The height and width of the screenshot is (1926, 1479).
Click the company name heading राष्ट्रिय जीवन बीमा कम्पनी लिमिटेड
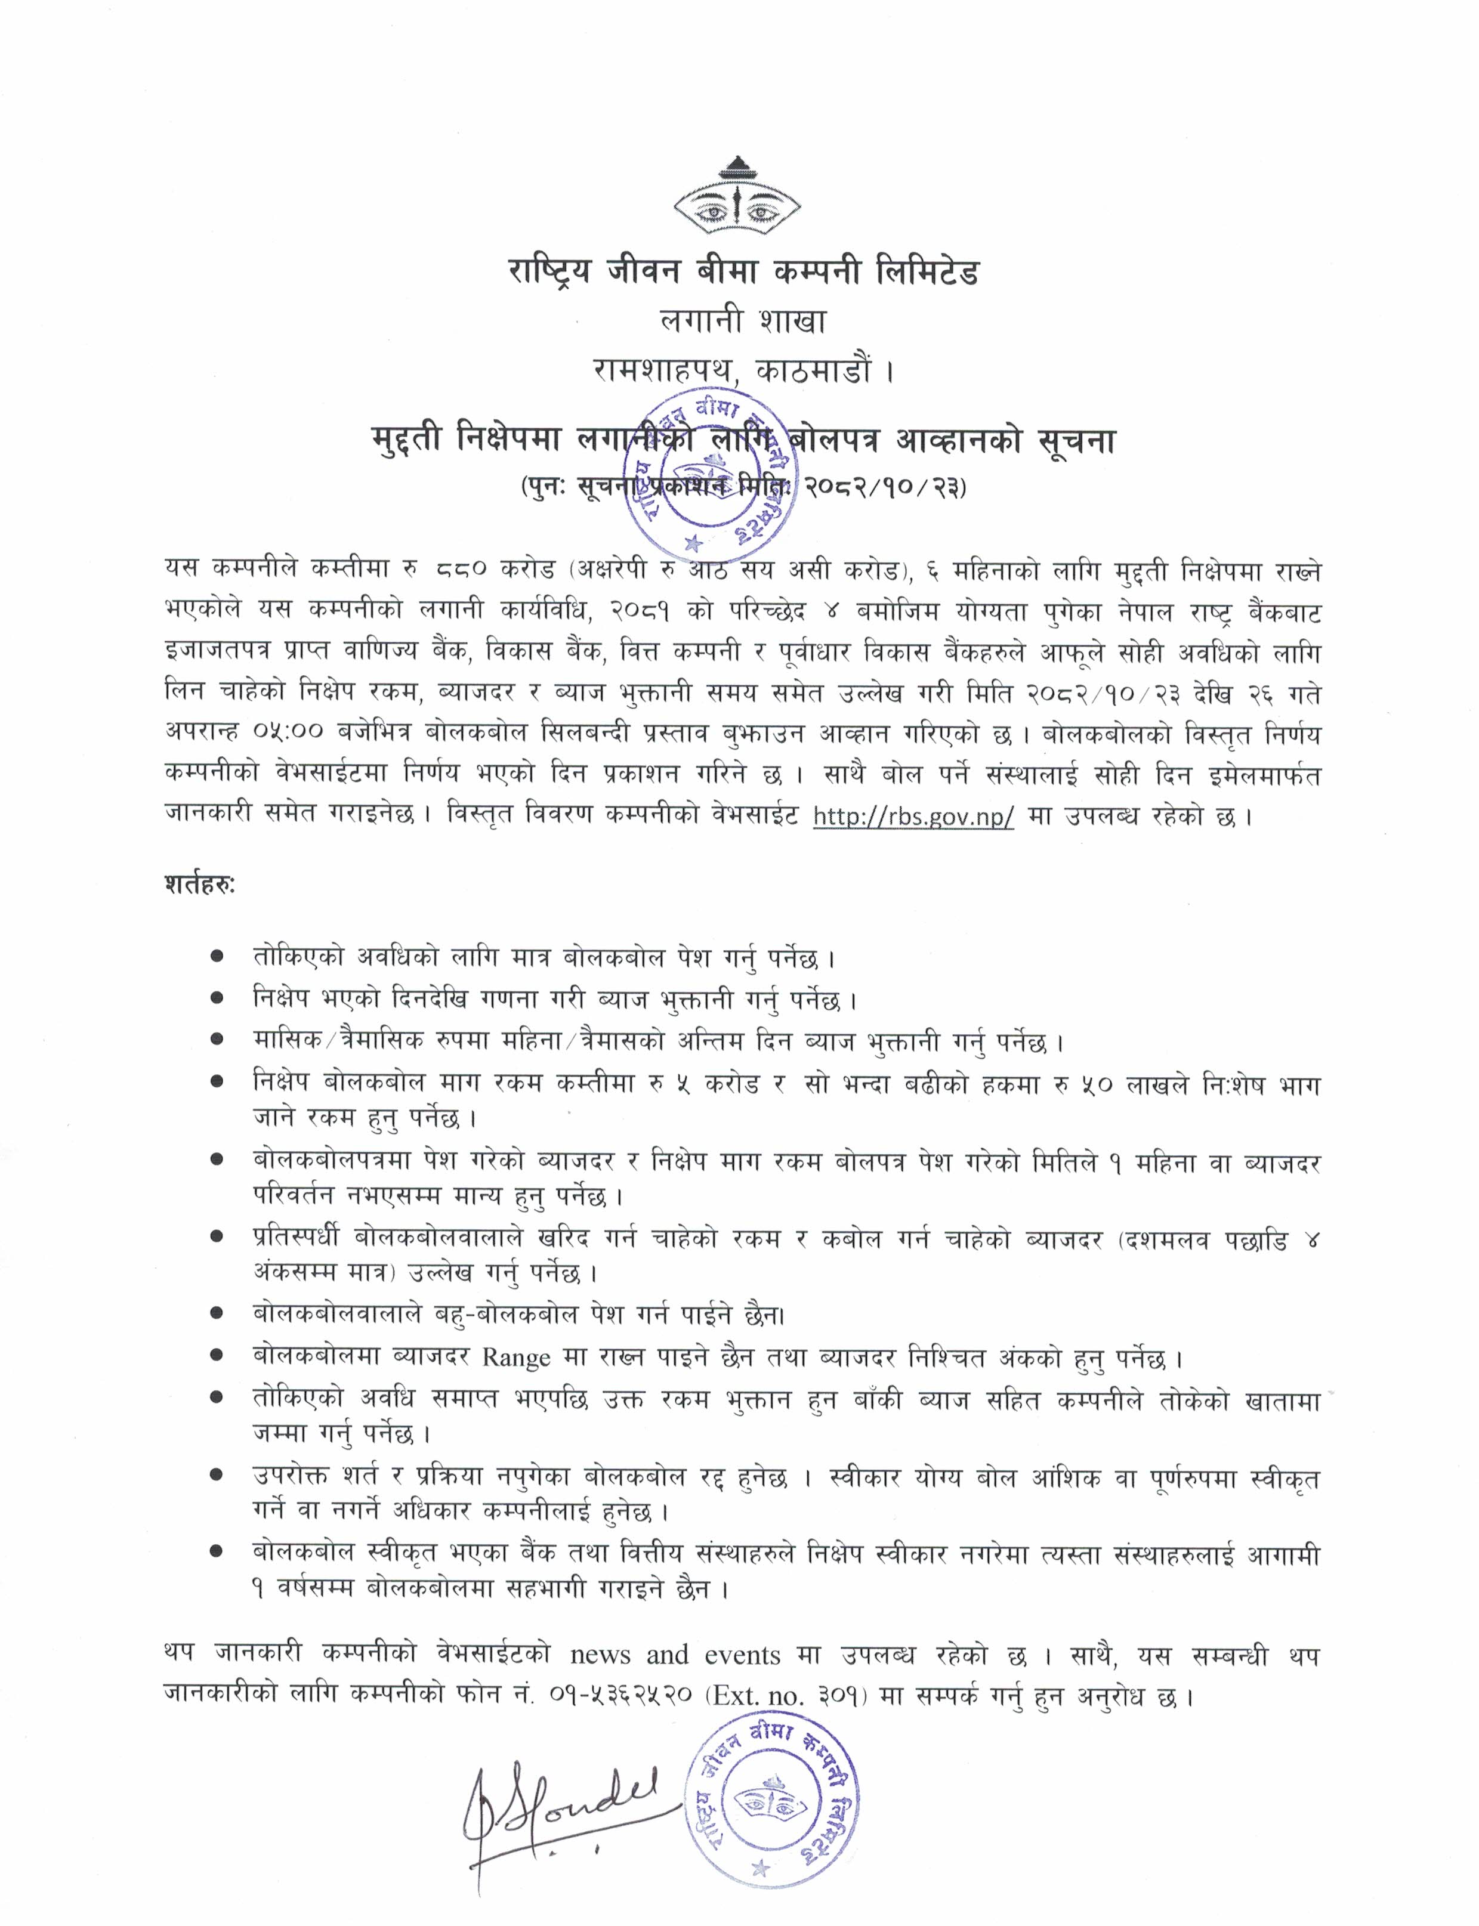coord(743,272)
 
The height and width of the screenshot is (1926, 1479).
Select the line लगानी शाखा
coord(743,322)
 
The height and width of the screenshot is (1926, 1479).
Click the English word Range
coord(516,1358)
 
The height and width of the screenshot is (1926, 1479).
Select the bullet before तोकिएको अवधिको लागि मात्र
coord(217,957)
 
